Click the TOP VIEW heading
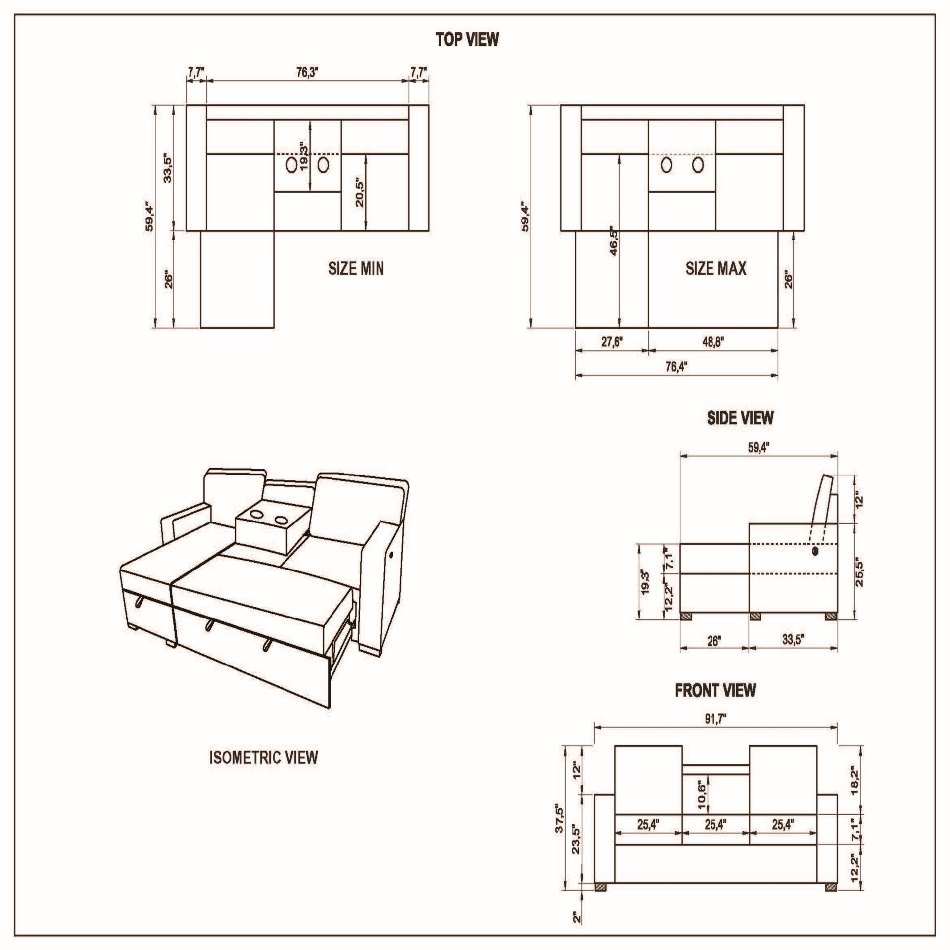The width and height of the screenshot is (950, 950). click(467, 39)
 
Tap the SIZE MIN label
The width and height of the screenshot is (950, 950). click(356, 269)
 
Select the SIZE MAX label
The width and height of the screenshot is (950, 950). click(715, 269)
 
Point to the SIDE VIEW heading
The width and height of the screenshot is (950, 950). click(740, 418)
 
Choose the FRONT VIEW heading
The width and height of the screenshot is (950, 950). click(715, 690)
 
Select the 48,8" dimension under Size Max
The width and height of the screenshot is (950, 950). click(712, 342)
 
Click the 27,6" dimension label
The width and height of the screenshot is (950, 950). click(612, 342)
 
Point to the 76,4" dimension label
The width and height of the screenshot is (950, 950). click(676, 367)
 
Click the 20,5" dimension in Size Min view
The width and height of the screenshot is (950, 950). click(359, 193)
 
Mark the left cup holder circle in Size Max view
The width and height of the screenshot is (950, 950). click(666, 165)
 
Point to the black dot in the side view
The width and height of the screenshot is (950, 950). click(815, 551)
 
